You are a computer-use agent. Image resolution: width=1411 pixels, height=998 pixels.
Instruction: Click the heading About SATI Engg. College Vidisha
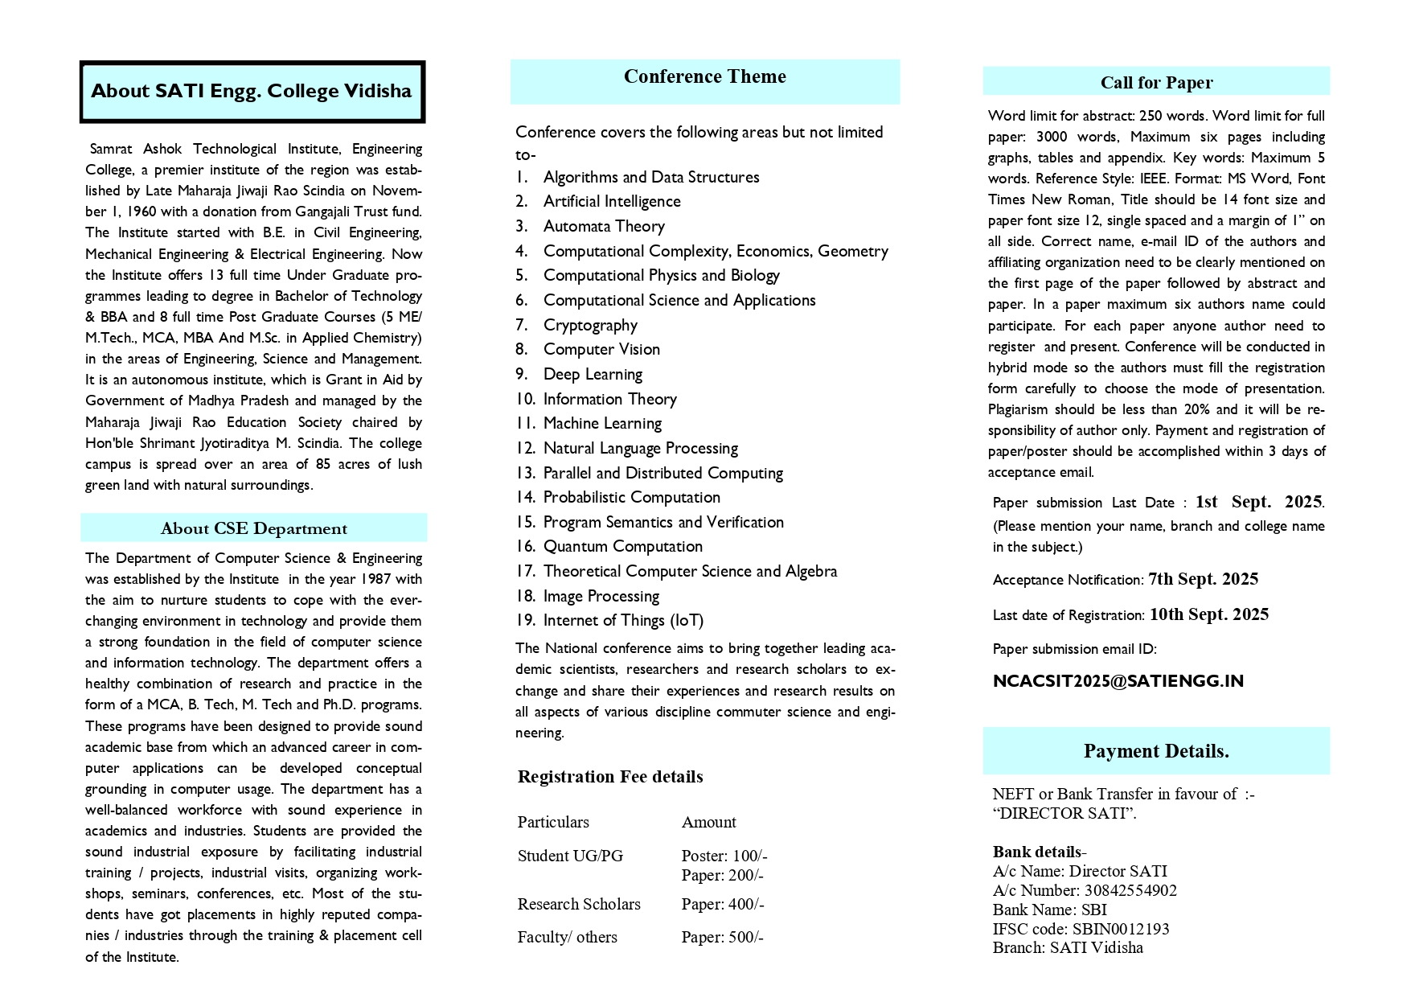tap(252, 91)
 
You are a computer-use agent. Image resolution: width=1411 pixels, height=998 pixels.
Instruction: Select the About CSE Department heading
tap(254, 528)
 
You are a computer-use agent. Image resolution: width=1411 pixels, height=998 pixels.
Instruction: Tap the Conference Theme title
tap(704, 77)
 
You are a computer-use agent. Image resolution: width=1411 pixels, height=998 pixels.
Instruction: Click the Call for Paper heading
tap(1156, 83)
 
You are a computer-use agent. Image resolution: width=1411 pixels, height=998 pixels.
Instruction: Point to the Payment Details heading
tap(1155, 751)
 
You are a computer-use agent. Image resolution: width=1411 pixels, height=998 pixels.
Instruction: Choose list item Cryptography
tap(590, 325)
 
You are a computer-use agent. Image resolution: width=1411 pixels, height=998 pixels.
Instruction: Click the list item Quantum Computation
tap(622, 547)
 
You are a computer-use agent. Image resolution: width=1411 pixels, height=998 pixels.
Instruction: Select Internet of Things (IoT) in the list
tap(623, 621)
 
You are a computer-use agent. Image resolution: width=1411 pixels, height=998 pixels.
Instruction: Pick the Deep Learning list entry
tap(593, 374)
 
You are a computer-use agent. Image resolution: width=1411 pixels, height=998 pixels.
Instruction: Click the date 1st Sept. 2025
tap(1258, 502)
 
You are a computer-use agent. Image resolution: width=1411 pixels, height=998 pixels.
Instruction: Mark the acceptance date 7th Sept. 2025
tap(1203, 579)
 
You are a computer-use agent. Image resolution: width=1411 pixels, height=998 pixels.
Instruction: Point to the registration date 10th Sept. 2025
tap(1208, 614)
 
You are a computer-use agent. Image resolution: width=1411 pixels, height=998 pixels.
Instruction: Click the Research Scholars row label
tap(579, 904)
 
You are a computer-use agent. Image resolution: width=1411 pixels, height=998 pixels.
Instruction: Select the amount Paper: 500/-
tap(722, 937)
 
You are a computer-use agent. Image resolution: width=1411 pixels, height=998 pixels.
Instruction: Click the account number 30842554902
tap(1130, 890)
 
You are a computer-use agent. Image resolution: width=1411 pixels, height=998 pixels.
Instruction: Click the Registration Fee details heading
tap(610, 777)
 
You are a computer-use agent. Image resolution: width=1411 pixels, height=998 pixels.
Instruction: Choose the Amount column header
tap(708, 822)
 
